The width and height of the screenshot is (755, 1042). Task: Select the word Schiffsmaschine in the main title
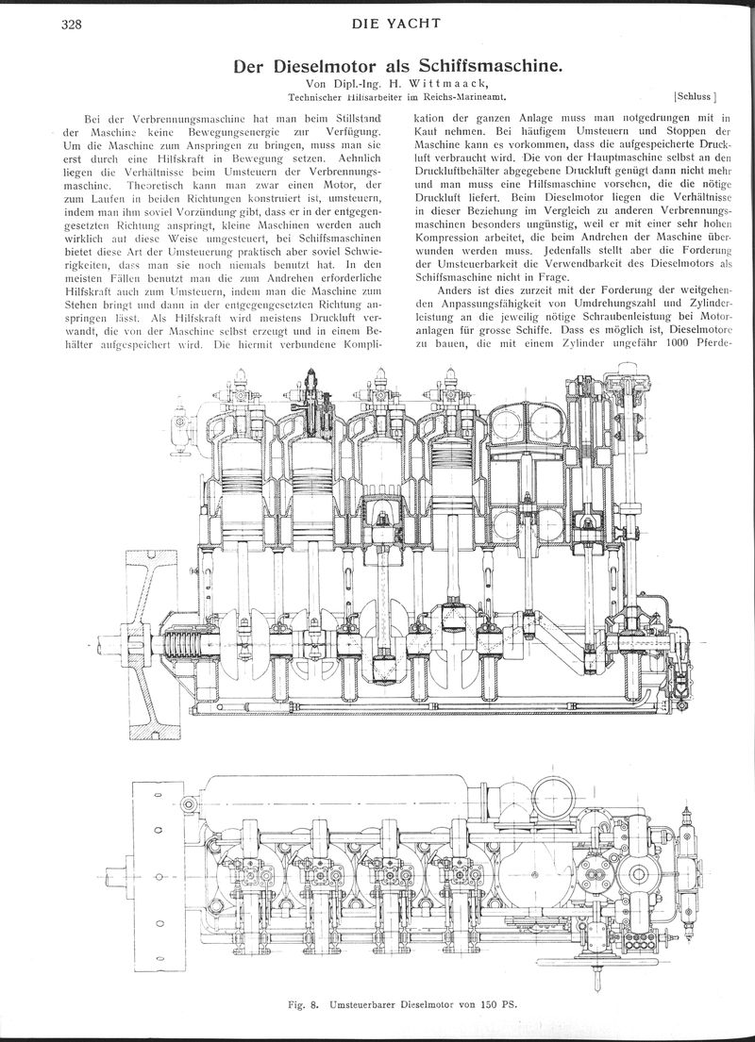tap(491, 66)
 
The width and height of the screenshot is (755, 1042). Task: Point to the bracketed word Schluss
tap(696, 95)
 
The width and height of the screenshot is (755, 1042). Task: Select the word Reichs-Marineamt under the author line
tap(461, 96)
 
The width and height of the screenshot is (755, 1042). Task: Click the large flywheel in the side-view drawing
tap(152, 645)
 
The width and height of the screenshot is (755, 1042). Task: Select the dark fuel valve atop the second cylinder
tap(310, 394)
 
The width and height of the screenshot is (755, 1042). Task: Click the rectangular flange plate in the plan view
tap(158, 875)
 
